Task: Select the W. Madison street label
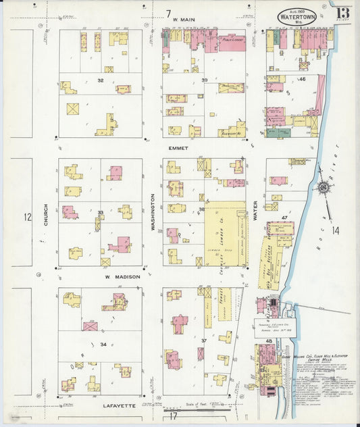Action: point(122,276)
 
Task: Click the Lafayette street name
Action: point(120,405)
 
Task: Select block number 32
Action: point(100,80)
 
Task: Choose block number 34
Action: point(103,345)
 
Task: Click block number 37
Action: point(202,340)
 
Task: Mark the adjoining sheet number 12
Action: point(27,217)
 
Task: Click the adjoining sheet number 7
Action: point(168,13)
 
